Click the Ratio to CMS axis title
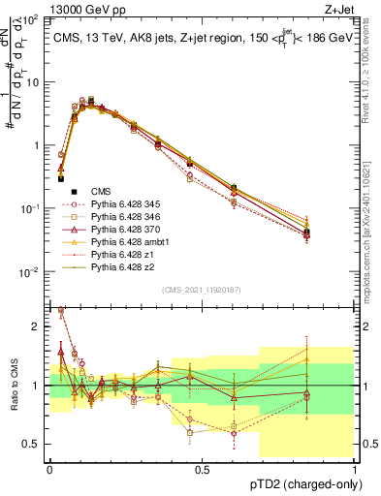[x=13, y=397]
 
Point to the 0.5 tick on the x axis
[x=202, y=469]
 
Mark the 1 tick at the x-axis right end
[x=354, y=469]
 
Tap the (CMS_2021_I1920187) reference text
[x=202, y=290]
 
